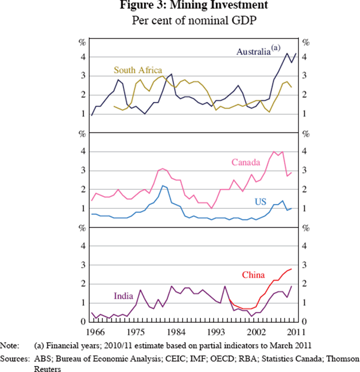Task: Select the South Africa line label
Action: pyautogui.click(x=137, y=71)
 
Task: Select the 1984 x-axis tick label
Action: pyautogui.click(x=175, y=332)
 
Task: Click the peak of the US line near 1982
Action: pyautogui.click(x=163, y=186)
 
